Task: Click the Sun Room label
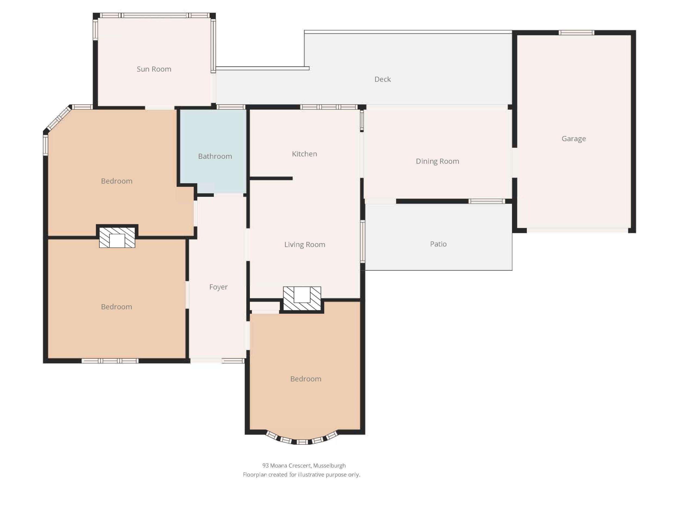click(x=154, y=69)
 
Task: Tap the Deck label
click(x=382, y=79)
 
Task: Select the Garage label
click(x=574, y=139)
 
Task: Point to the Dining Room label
click(x=438, y=161)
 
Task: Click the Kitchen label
click(x=304, y=154)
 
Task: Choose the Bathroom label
click(x=215, y=156)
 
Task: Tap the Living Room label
click(x=304, y=245)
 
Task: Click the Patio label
click(x=438, y=244)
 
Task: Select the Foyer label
click(x=218, y=287)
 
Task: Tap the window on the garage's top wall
click(x=576, y=33)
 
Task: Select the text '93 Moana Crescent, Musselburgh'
click(x=304, y=466)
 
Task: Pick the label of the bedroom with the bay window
click(x=306, y=379)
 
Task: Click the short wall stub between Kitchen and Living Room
click(x=271, y=178)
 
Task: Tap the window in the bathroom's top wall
click(x=231, y=107)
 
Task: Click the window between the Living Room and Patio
click(x=363, y=241)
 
